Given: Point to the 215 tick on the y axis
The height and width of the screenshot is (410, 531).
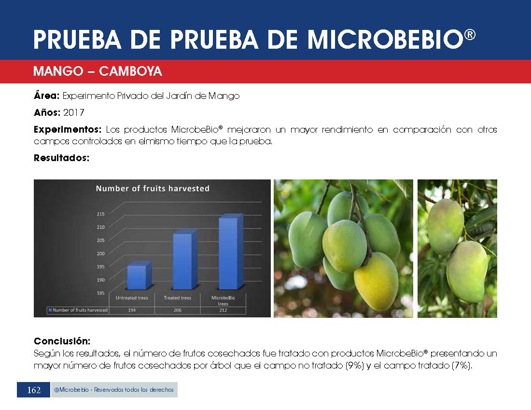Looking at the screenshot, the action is click(x=100, y=214).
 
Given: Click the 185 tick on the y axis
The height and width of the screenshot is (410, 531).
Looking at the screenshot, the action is click(x=100, y=293).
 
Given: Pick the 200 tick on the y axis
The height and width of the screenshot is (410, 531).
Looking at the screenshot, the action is click(x=100, y=253).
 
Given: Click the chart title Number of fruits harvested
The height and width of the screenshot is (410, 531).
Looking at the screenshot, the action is click(x=153, y=189).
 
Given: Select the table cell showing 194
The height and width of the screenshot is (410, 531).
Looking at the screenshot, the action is click(x=132, y=310).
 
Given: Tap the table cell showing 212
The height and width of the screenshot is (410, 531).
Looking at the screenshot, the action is click(x=223, y=310).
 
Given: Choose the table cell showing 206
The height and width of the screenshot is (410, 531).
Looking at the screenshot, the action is click(x=178, y=310).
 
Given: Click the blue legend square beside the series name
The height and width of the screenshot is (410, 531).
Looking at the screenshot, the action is click(x=50, y=310).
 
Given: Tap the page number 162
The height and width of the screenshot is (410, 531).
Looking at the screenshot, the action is click(x=34, y=390).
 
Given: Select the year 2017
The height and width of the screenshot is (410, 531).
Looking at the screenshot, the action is click(x=73, y=112).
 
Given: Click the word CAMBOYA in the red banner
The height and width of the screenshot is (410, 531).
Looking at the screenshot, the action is click(x=130, y=71).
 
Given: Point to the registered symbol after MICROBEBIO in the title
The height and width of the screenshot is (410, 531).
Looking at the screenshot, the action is click(x=470, y=35).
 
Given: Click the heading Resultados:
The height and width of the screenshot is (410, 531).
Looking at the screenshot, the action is click(x=61, y=158).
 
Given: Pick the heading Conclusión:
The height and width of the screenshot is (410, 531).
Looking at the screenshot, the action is click(x=62, y=341).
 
